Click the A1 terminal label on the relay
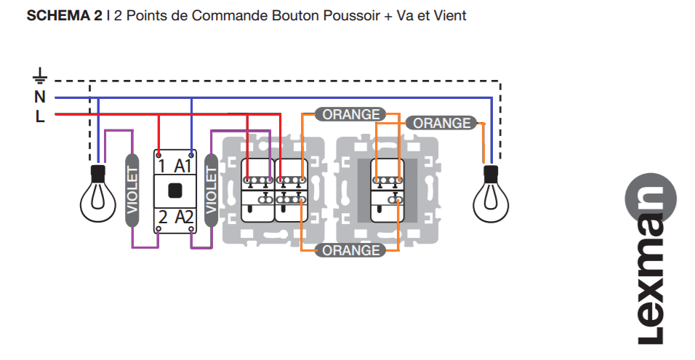click(x=184, y=166)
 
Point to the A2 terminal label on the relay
click(x=184, y=215)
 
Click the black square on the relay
click(x=174, y=191)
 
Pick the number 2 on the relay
click(x=163, y=215)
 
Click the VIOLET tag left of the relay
click(x=132, y=191)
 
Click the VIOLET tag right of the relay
click(x=212, y=191)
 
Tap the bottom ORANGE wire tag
click(x=351, y=250)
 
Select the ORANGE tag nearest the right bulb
click(x=441, y=123)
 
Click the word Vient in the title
click(x=449, y=15)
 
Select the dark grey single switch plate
click(x=387, y=191)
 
